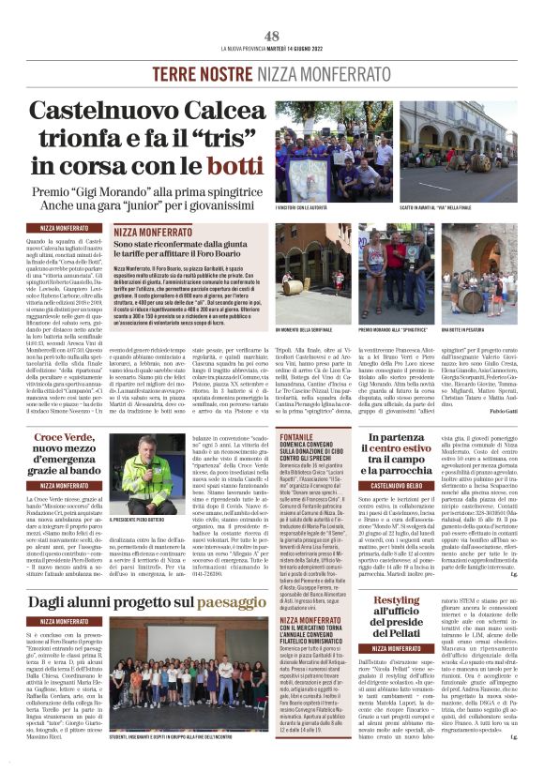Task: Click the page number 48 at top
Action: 272,35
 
